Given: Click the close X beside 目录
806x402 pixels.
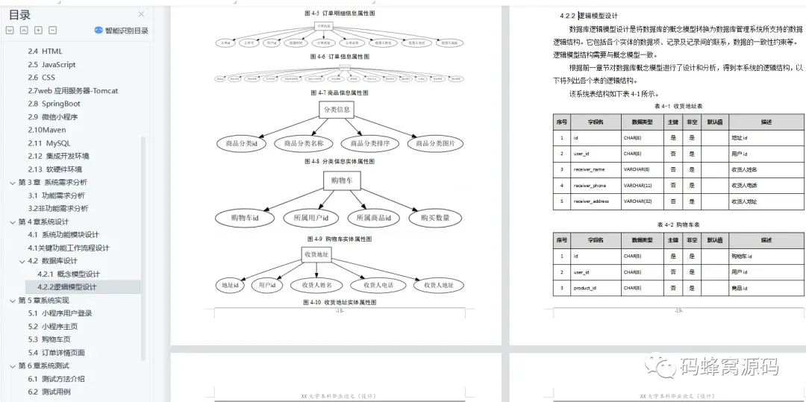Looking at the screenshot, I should coord(142,14).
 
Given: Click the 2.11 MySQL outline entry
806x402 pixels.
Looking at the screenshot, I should coord(49,143).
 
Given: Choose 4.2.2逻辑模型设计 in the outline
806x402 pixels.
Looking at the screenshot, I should coord(67,287).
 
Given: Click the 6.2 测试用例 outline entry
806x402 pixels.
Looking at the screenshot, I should coord(49,392).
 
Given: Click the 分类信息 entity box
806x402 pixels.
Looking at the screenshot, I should coord(337,110).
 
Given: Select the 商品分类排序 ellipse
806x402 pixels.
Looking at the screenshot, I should coord(370,143).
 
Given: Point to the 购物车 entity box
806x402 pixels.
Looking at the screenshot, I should coord(342,180).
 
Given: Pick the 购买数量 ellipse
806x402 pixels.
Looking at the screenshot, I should coord(435,218).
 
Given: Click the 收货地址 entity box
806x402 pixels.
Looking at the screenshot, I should coord(315,254).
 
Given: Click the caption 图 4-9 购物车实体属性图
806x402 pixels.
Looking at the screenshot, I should coord(340,239).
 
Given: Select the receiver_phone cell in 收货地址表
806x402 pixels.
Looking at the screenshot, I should coord(590,185).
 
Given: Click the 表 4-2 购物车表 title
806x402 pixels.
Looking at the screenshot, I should coord(678,224).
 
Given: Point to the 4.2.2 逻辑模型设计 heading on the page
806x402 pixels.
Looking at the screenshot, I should coord(589,16).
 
